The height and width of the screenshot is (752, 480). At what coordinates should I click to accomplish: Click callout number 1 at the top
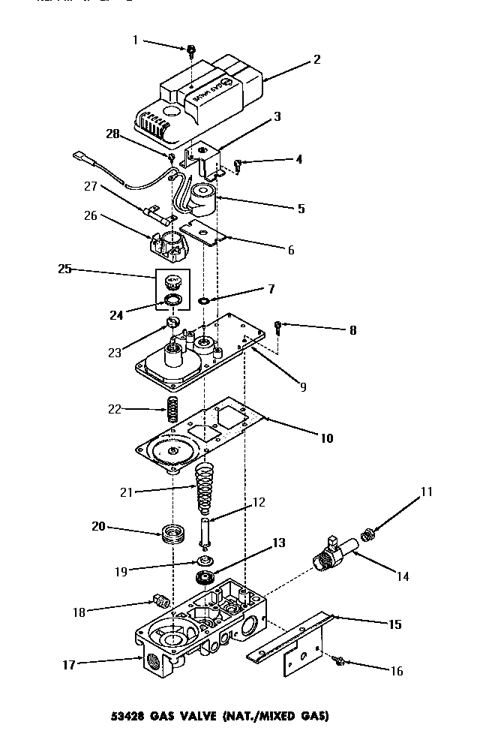coord(136,40)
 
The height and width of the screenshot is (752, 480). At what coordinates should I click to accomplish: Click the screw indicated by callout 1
coord(190,51)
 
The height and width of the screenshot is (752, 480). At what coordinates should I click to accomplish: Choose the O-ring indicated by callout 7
coord(204,301)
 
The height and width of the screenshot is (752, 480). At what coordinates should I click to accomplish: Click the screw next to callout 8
coord(278,326)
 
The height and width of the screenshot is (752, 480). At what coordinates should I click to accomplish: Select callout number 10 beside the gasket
coord(327,438)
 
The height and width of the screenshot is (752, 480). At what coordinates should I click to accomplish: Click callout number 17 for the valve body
coord(70,663)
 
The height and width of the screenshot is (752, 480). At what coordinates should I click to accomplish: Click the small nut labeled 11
coord(367,534)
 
